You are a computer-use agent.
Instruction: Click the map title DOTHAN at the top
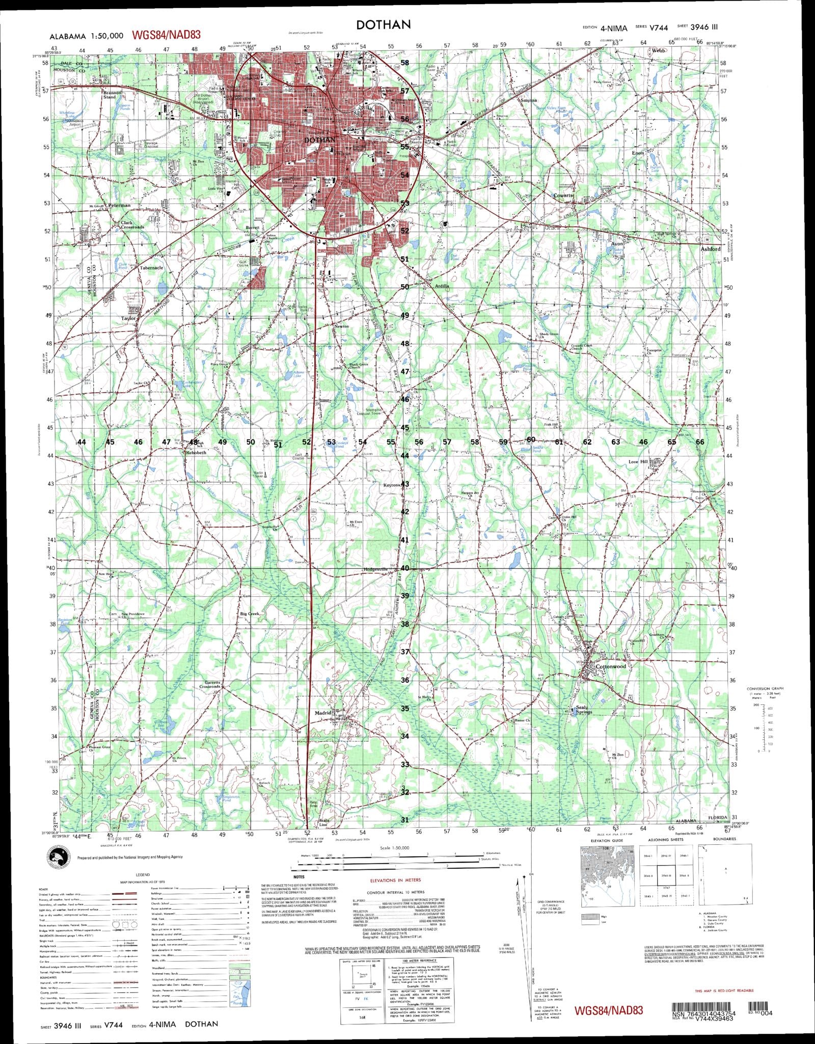pyautogui.click(x=384, y=24)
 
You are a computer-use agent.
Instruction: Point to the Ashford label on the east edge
pyautogui.click(x=710, y=249)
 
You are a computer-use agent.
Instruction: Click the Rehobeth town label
pyautogui.click(x=197, y=452)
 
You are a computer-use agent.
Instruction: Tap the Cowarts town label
pyautogui.click(x=563, y=195)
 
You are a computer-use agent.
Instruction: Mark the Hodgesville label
pyautogui.click(x=376, y=569)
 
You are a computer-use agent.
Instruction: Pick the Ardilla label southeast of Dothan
pyautogui.click(x=441, y=286)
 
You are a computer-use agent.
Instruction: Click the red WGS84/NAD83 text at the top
pyautogui.click(x=166, y=35)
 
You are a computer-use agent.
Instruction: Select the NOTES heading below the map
pyautogui.click(x=299, y=877)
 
